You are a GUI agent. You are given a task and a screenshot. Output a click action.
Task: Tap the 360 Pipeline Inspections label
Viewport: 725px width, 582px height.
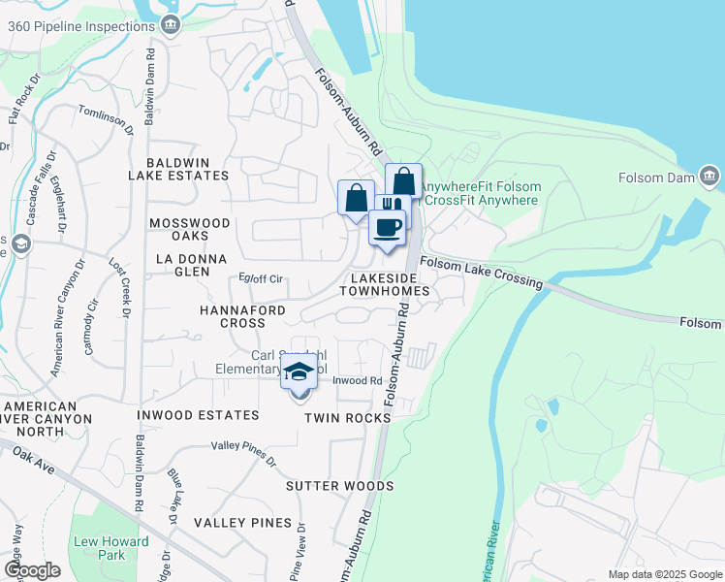point(82,26)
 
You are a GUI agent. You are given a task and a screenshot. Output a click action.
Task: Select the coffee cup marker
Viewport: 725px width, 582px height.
point(388,228)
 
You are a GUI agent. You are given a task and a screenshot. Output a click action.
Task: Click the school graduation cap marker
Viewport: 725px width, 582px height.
point(299,372)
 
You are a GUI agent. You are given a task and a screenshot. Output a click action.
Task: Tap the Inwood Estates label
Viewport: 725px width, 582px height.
point(199,415)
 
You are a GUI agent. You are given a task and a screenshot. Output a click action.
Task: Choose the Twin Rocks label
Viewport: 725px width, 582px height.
point(347,417)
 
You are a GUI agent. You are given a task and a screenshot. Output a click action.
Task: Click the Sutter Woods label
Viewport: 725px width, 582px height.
point(339,485)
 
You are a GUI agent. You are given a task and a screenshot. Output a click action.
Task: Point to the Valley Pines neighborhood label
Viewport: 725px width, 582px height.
point(242,523)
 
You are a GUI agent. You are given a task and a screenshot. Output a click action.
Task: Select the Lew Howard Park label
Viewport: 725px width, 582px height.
point(110,548)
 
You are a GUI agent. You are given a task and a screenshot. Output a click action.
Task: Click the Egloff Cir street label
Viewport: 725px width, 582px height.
point(261,279)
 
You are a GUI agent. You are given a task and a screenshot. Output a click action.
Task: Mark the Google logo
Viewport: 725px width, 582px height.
point(32,570)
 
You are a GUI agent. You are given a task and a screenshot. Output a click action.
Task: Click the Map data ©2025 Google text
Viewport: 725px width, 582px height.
point(664,574)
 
